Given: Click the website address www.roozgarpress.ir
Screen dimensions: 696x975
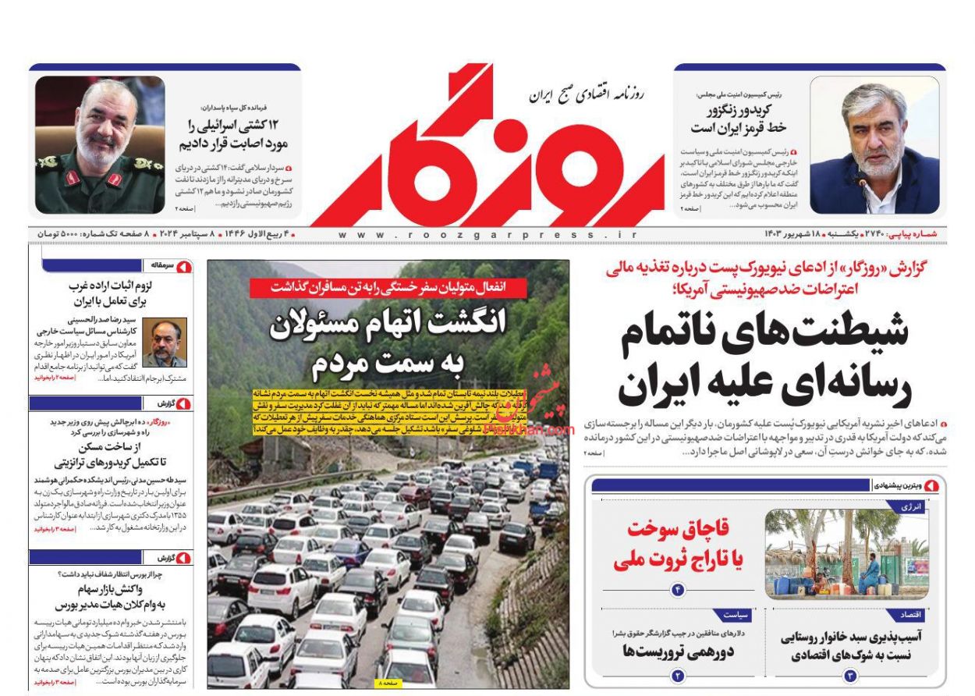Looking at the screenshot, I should point(487,234).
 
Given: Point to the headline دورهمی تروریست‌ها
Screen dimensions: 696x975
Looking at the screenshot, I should point(676,650).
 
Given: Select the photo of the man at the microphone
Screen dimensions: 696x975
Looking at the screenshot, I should point(874,145).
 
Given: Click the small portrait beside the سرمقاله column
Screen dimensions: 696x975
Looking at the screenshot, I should point(164,343).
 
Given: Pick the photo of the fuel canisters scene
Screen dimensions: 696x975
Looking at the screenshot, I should point(846,553).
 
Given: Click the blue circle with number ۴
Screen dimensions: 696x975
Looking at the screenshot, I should point(677,590).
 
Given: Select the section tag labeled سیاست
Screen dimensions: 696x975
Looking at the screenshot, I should point(730,615).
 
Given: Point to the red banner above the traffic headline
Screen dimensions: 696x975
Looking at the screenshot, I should point(388,286).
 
